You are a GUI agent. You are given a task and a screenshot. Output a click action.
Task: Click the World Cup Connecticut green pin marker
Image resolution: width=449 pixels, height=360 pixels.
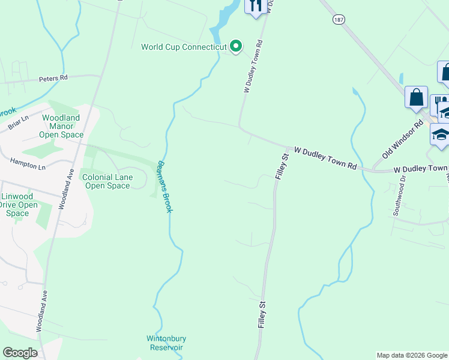tap(237, 46)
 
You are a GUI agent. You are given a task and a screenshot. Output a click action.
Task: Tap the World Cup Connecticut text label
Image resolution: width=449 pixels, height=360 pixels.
tap(184, 47)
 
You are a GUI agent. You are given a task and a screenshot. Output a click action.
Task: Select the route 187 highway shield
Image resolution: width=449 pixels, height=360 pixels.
tap(339, 19)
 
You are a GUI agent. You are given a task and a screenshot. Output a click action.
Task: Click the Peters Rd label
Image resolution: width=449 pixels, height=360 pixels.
tap(53, 78)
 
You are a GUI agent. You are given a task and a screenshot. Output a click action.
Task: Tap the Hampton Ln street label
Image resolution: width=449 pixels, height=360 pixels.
tap(28, 163)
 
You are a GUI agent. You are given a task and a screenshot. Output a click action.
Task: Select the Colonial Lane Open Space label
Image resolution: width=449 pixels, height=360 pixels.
tap(106, 182)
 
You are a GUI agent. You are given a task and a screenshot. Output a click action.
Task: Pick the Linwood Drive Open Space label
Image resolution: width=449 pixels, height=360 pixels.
tap(18, 205)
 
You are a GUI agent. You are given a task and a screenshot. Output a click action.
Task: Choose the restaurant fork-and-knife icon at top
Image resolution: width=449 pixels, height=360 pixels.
tap(256, 7)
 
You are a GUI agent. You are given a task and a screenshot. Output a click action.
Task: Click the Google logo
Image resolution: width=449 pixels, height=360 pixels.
tap(20, 353)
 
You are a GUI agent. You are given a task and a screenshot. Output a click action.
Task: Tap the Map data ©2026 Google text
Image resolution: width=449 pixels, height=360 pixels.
tap(412, 355)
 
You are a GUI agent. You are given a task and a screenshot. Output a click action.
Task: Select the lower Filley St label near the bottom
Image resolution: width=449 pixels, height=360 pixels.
tap(261, 315)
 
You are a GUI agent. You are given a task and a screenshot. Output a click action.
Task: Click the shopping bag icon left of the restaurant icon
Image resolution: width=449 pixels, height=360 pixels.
tap(416, 97)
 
